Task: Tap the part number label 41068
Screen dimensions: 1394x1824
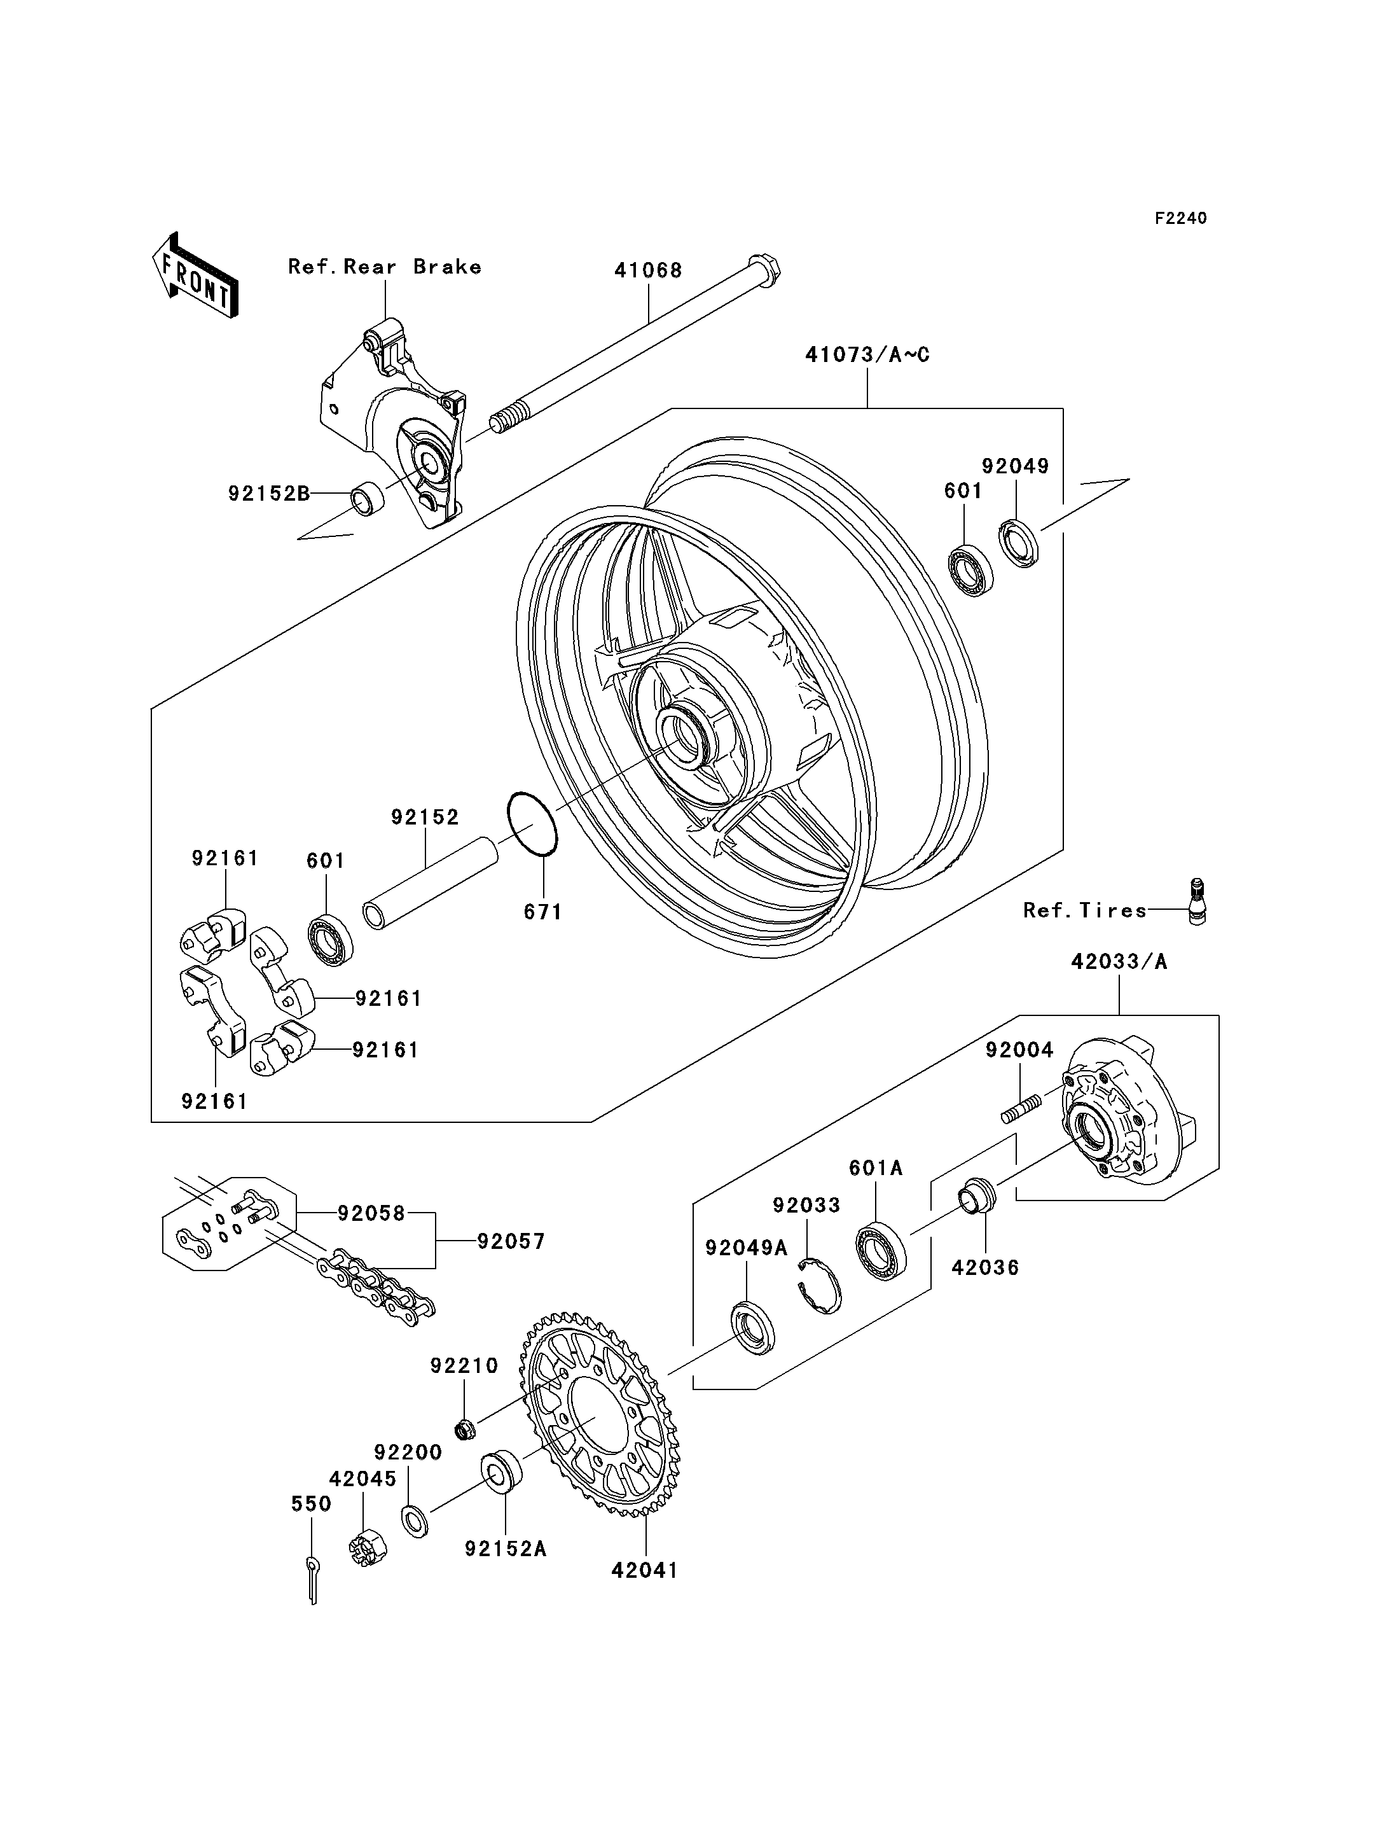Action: tap(648, 270)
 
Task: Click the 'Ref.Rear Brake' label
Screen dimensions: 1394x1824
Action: tap(384, 267)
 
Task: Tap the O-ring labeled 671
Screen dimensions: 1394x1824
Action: tap(532, 824)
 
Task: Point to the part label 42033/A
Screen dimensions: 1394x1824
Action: tap(1119, 961)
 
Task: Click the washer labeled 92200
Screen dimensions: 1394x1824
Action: tap(415, 1520)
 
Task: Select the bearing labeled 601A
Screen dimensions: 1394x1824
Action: tap(880, 1250)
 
